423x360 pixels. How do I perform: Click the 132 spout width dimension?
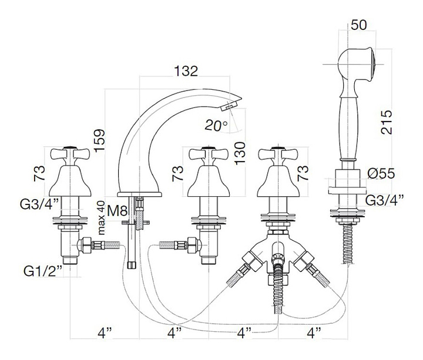pos(186,71)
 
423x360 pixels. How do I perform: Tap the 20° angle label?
pos(216,125)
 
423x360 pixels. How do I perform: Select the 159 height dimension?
pos(99,140)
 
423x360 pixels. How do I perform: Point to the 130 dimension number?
pos(240,153)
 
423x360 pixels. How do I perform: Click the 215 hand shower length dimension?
pos(387,122)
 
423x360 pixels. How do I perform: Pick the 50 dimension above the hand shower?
pos(359,25)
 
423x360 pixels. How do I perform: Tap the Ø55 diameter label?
pos(381,173)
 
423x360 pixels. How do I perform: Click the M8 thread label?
pos(117,211)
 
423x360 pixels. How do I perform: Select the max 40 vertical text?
pos(101,218)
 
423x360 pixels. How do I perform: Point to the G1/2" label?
pos(43,271)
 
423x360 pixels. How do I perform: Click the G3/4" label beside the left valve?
pos(39,204)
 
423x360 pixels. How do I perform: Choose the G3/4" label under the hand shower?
pos(385,200)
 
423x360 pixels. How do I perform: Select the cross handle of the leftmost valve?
pos(70,154)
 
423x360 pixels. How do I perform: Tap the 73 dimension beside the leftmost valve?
pos(39,173)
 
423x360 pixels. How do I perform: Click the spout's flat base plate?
pos(139,194)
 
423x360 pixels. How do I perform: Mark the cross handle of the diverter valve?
pos(278,154)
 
